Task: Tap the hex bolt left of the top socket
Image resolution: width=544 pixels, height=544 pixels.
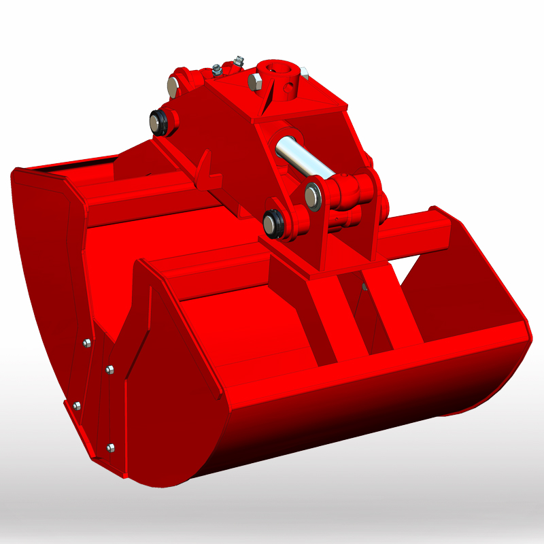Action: pos(254,82)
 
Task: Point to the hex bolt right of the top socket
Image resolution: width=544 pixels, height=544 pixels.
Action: pos(305,73)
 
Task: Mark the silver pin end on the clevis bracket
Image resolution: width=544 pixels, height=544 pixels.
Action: pos(313,196)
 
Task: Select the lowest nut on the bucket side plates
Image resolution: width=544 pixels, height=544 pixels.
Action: pos(111,447)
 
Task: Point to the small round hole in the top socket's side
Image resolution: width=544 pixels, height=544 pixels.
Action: pos(290,88)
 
